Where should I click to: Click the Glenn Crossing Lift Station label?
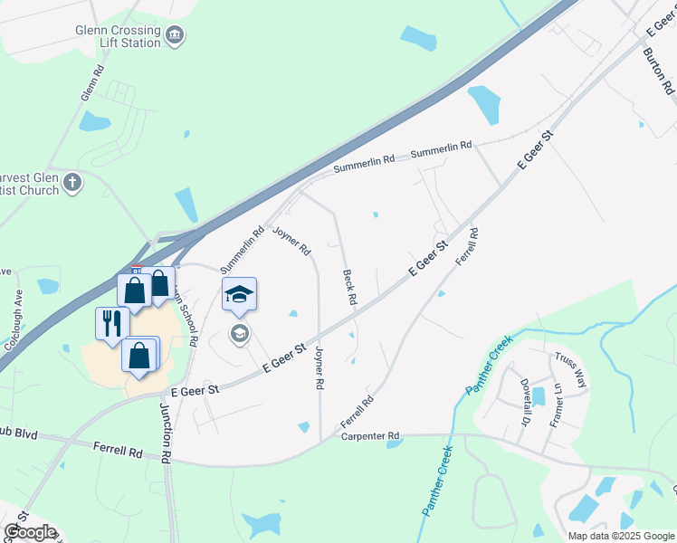[118, 35]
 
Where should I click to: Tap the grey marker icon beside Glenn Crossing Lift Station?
[176, 36]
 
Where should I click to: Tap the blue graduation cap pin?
[239, 294]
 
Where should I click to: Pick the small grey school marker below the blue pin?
[239, 334]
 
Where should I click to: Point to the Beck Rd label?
[349, 285]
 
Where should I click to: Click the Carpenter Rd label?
[370, 436]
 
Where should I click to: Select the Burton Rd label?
[659, 71]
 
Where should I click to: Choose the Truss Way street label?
[571, 369]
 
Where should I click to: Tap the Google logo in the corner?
[30, 532]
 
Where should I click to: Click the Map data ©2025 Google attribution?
[622, 536]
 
